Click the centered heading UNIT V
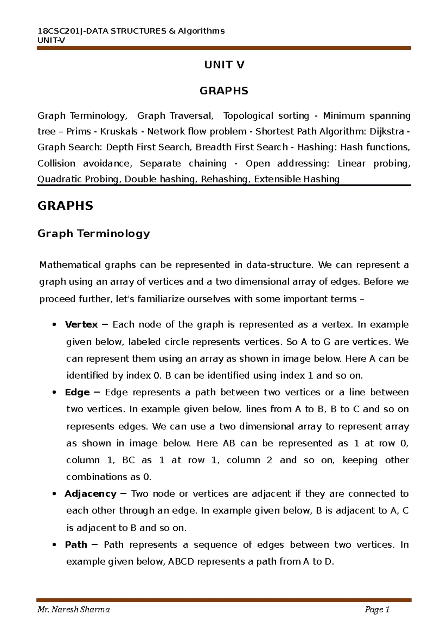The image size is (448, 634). coord(224,65)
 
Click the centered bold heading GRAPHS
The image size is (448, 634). coord(224,91)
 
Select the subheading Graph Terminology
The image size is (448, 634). coord(93,234)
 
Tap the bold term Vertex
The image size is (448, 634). coord(81,324)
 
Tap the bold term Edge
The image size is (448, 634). coord(77,392)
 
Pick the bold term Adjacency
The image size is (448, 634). coord(90,494)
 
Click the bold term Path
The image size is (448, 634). coord(76,545)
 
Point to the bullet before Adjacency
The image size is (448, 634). coord(55,494)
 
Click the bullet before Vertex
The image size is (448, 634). coord(55,325)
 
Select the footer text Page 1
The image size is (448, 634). coord(377,610)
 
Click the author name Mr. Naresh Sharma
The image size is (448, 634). coord(74,610)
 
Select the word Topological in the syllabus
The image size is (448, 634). coord(248,116)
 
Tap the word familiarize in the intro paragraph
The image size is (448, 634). coord(161,299)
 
